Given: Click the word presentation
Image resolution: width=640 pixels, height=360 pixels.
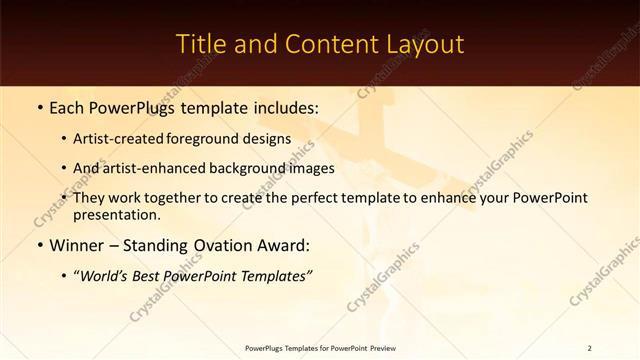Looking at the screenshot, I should pos(117,215).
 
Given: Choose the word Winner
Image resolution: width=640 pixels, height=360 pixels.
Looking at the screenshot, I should pos(77,245).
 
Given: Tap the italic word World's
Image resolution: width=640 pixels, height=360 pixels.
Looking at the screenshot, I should pos(105,275).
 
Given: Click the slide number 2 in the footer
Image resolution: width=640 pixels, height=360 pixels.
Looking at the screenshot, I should pos(589,348).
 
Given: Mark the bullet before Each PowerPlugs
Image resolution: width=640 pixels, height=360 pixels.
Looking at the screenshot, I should pos(39,106).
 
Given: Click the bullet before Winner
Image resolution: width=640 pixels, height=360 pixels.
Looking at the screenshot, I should pos(39,245).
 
